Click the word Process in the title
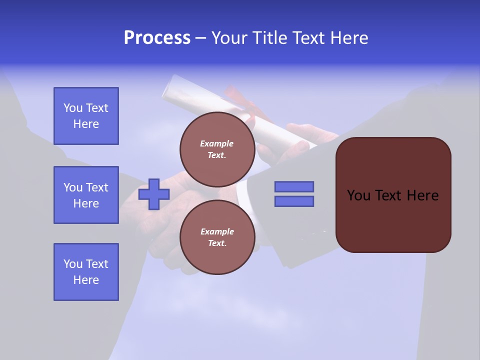click(157, 38)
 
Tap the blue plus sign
click(154, 194)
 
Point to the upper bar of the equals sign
click(294, 186)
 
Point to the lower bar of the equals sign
click(294, 201)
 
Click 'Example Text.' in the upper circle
click(217, 149)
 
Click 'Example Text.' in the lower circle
click(217, 237)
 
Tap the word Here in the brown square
click(422, 195)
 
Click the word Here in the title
click(350, 38)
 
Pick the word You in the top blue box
click(72, 108)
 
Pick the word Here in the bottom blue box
click(86, 280)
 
